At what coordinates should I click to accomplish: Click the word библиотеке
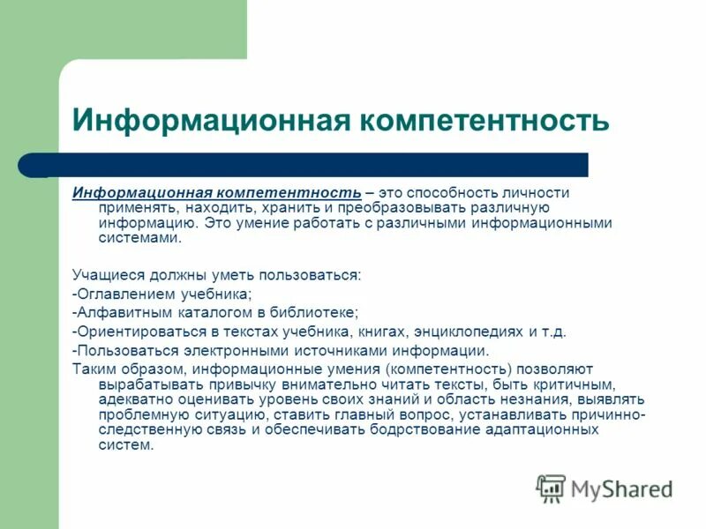pos(318,313)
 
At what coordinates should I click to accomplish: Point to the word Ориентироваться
pos(133,332)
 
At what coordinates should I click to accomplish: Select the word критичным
pos(576,384)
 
